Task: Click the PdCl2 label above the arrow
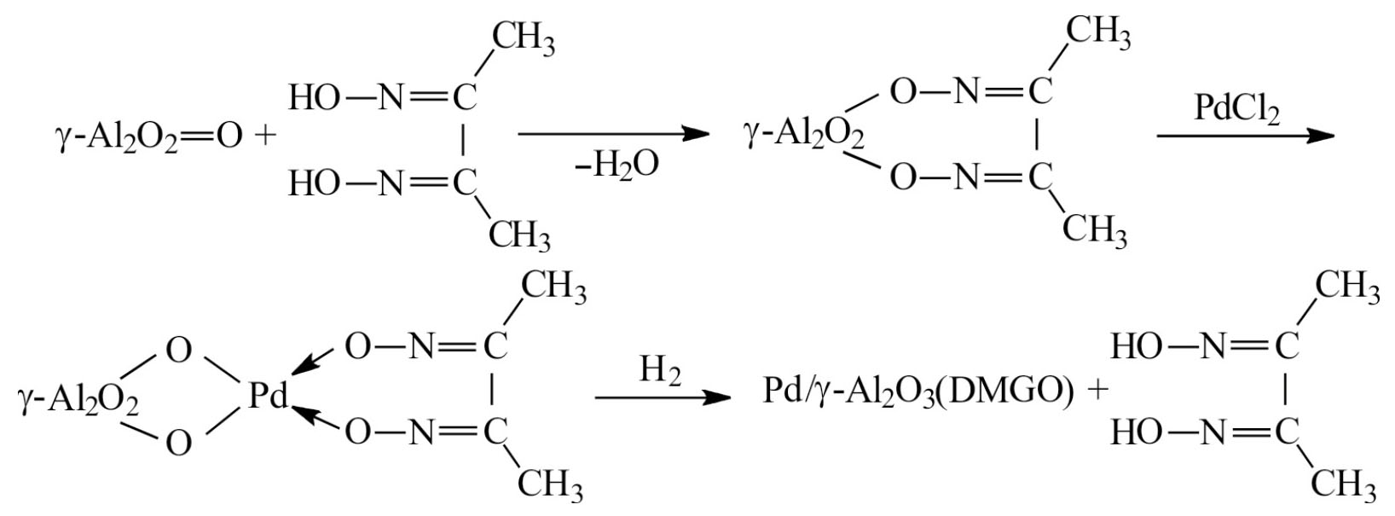tap(1236, 110)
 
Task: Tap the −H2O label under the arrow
tap(616, 166)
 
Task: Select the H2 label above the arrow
tap(660, 370)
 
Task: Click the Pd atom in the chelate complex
tap(269, 395)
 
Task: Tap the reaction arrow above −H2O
tap(613, 133)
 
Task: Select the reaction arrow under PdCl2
tap(1246, 136)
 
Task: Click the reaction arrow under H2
tap(663, 397)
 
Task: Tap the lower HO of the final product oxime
tap(1137, 432)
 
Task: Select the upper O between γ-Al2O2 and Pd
tap(179, 351)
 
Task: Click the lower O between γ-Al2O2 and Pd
tap(179, 444)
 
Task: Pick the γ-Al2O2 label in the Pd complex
tap(78, 400)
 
